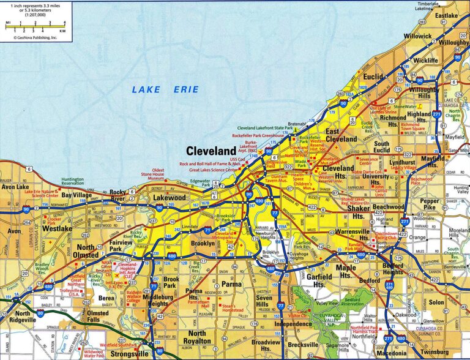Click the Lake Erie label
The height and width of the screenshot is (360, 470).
pos(165,89)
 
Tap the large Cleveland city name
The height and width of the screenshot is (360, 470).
pos(211,151)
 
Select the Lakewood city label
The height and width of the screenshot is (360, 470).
pos(170,198)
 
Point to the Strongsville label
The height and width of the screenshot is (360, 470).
pos(130,353)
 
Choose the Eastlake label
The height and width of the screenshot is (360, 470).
pos(446,15)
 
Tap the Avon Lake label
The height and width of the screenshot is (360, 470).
pos(15,187)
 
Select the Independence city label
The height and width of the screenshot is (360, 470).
pos(293,323)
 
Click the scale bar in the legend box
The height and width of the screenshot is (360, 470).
pos(35,26)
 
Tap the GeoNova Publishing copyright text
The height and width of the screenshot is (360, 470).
pos(35,37)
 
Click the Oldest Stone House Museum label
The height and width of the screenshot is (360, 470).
pos(166,176)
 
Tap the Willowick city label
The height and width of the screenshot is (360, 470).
pos(417,36)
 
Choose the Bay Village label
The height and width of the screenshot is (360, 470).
pos(76,195)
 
